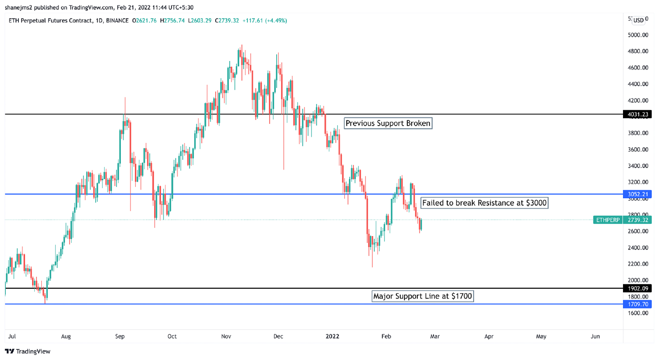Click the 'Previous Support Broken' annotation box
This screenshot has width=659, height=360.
tap(387, 124)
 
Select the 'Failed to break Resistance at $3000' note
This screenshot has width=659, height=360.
tap(484, 203)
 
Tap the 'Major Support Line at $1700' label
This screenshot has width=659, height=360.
tap(422, 296)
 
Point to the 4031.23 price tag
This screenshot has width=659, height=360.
tap(637, 114)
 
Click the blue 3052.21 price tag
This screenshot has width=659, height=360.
tap(637, 194)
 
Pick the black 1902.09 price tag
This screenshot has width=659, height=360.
tap(637, 288)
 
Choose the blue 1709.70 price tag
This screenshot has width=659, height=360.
tap(637, 304)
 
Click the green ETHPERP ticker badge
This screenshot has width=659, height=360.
tap(608, 220)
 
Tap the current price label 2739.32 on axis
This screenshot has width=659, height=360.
tap(637, 220)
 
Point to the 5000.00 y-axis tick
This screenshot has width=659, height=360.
tap(637, 35)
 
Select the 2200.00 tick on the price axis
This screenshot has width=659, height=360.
tap(637, 264)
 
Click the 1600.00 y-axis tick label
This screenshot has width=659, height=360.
tap(637, 313)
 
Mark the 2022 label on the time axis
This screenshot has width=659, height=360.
tap(332, 336)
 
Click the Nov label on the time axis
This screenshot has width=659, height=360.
tap(226, 336)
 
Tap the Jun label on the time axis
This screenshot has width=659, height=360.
tap(595, 336)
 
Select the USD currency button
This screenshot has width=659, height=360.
tap(638, 20)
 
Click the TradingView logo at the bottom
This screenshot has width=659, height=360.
tap(28, 351)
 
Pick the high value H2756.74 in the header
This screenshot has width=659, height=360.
tap(172, 21)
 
